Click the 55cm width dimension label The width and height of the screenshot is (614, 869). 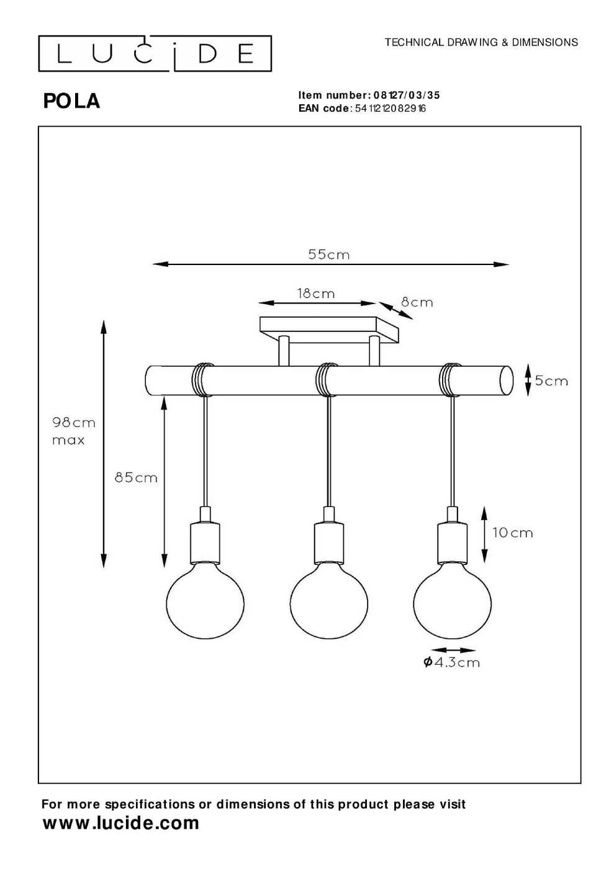[x=329, y=254]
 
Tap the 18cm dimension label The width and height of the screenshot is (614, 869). [x=316, y=294]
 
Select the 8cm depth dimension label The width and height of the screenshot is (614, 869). [x=417, y=302]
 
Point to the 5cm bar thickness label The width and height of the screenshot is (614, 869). [x=551, y=380]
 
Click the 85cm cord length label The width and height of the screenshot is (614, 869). [x=136, y=477]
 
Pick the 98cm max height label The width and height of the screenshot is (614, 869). [x=74, y=431]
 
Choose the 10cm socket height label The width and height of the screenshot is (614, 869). [x=513, y=533]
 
